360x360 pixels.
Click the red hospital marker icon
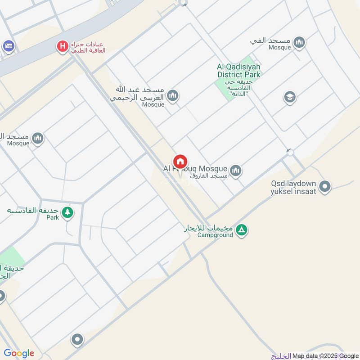tap(63, 46)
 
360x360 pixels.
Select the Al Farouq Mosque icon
tap(235, 171)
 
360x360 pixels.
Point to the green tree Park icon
tap(67, 212)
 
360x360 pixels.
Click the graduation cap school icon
tap(289, 97)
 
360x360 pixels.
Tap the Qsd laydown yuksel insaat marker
tap(325, 186)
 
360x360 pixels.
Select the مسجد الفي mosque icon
tap(299, 43)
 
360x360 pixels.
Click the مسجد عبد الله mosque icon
tap(172, 96)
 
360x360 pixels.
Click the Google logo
tap(19, 353)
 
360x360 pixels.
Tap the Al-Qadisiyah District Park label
tap(238, 71)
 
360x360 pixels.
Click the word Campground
tap(215, 235)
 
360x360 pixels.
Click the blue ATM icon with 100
tap(8, 46)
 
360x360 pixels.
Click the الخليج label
tap(281, 356)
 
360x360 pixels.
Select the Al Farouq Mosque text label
tap(195, 169)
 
